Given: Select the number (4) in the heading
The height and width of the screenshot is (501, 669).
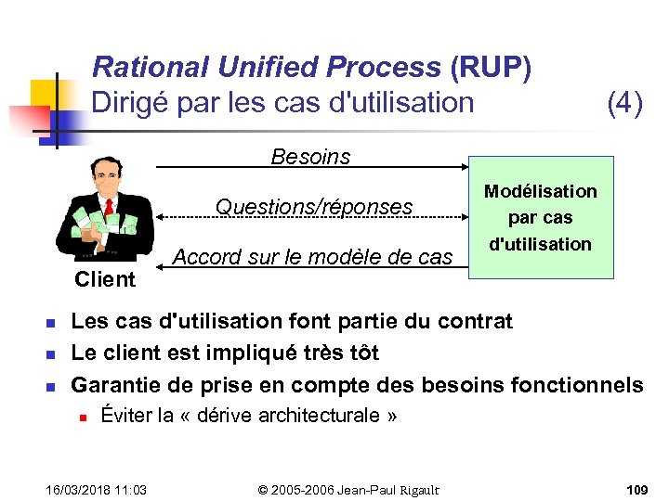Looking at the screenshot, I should (624, 102).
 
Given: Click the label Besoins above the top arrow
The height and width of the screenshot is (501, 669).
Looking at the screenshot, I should (310, 157).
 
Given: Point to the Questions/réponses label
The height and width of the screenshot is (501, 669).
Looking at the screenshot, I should (314, 207).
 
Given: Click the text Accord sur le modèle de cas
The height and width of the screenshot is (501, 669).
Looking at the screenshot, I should (313, 257).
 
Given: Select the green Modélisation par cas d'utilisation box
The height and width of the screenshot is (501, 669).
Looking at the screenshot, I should (541, 218).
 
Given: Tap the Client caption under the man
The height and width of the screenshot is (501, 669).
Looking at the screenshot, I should (105, 279).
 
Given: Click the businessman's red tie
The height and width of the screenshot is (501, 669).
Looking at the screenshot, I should (109, 206).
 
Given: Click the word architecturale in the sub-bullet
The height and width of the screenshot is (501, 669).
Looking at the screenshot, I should (321, 416).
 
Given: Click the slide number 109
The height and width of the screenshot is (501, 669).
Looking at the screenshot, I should (636, 489).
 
